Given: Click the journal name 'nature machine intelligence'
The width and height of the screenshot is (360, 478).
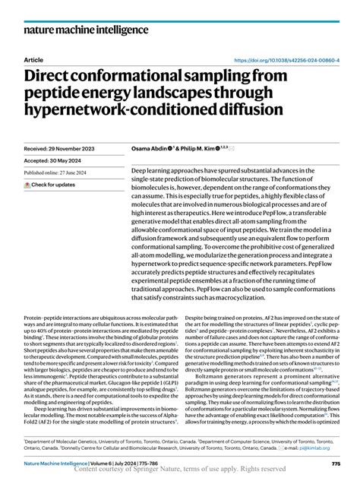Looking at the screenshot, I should pos(85,32).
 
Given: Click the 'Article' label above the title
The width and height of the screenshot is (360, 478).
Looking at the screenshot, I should pos(33,60).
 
